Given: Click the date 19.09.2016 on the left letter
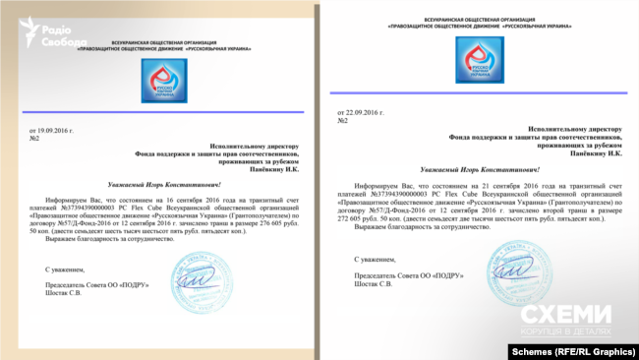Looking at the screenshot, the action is (51, 129).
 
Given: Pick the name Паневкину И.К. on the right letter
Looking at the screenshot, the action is (591, 153).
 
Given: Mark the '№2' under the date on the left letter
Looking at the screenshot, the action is (33, 138).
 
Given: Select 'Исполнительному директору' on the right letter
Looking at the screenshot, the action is (576, 128).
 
